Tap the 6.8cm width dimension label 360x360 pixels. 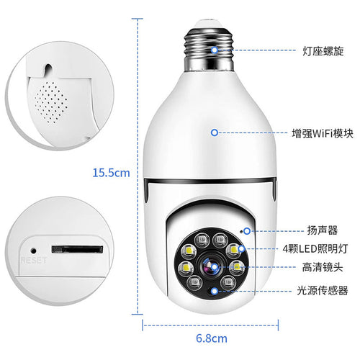tap(212, 338)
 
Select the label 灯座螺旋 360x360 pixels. tap(322, 52)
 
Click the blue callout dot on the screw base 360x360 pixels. tap(214, 51)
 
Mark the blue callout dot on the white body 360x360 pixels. tap(214, 132)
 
